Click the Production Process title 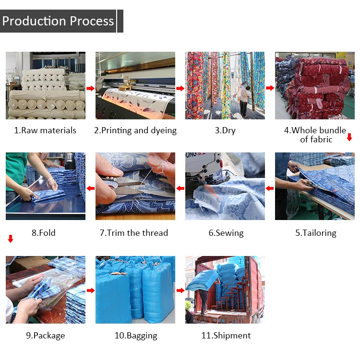[x=58, y=21]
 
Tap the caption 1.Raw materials [x=45, y=130]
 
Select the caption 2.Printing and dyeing [x=135, y=130]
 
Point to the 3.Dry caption [x=225, y=130]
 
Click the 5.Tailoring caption [x=315, y=233]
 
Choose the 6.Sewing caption [x=226, y=233]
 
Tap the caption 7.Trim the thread [x=134, y=233]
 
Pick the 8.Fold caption [x=44, y=233]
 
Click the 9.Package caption [x=45, y=336]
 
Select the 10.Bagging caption [x=136, y=336]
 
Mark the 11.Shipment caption [x=226, y=336]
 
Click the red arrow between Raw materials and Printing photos [x=90, y=88]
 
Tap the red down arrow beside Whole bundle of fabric [x=349, y=138]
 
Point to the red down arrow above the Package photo [x=11, y=239]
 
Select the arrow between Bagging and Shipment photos [x=180, y=290]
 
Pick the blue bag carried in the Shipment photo [x=204, y=279]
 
